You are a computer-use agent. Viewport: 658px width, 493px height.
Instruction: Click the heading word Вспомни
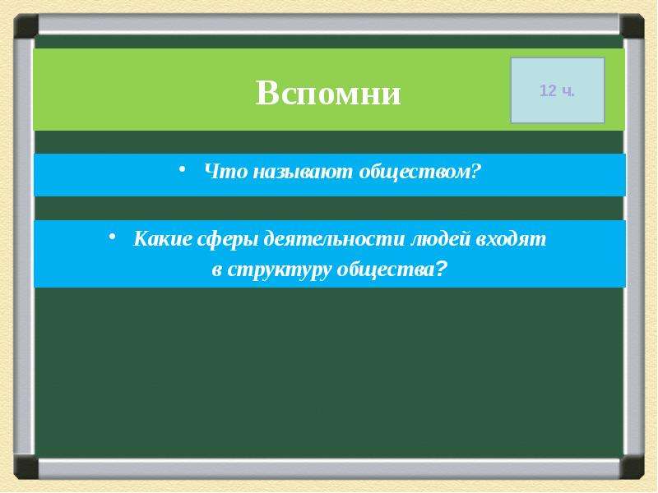[x=328, y=93]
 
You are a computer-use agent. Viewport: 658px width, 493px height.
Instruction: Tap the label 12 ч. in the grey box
[x=557, y=90]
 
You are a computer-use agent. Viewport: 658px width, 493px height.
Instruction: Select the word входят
[x=511, y=240]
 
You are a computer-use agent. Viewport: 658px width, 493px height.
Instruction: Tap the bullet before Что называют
[x=182, y=168]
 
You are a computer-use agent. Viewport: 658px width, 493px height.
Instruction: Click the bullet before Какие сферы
[x=112, y=237]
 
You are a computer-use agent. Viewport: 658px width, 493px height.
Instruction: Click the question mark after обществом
[x=475, y=171]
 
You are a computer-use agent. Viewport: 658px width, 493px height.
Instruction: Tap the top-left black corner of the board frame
[x=25, y=26]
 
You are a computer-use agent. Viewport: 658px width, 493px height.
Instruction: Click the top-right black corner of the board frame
[x=632, y=26]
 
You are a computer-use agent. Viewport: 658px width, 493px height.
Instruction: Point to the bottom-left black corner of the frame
[x=25, y=467]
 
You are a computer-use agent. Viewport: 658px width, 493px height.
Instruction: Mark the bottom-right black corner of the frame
[x=632, y=467]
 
